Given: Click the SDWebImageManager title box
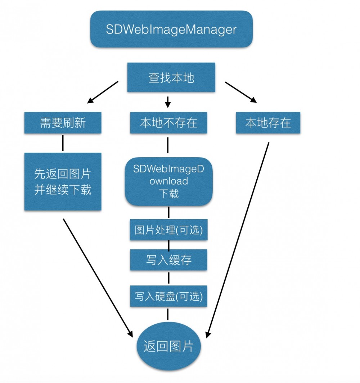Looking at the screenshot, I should coord(171,29).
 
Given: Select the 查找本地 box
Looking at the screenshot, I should coord(171,77).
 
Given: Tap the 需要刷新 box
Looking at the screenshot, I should coord(63,123).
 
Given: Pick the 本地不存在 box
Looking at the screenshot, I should coord(169,123).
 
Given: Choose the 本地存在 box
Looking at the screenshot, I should coord(268,123).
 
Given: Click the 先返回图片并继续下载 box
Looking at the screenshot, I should coord(63,182).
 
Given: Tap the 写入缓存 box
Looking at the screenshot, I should coord(169,260).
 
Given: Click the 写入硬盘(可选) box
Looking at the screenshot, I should coord(169,296).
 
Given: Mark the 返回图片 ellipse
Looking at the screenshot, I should coord(169,346).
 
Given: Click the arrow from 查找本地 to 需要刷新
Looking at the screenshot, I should coord(103,92).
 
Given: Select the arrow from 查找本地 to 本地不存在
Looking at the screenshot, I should coord(167,102).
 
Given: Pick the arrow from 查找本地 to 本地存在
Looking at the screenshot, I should coord(241,92).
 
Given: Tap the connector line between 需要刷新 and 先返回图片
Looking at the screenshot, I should coord(63,143).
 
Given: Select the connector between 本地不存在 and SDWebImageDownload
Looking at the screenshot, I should coord(168,145).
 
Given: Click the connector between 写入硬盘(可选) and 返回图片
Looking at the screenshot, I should coord(168,314).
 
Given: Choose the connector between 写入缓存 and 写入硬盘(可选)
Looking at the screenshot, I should coord(168,278).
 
